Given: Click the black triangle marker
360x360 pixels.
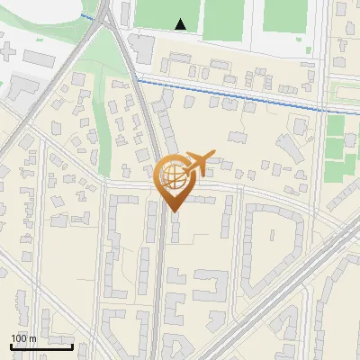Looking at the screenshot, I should [181, 24].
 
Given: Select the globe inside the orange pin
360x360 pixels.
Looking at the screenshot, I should [173, 176].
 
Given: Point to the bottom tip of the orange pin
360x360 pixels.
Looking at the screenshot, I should [173, 211].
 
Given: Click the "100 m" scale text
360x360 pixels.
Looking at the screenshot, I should [23, 338].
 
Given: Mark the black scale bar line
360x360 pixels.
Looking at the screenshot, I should [41, 346].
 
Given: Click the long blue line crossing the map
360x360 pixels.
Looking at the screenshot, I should [234, 92].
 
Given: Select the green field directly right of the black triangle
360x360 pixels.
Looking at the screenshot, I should [222, 18].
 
